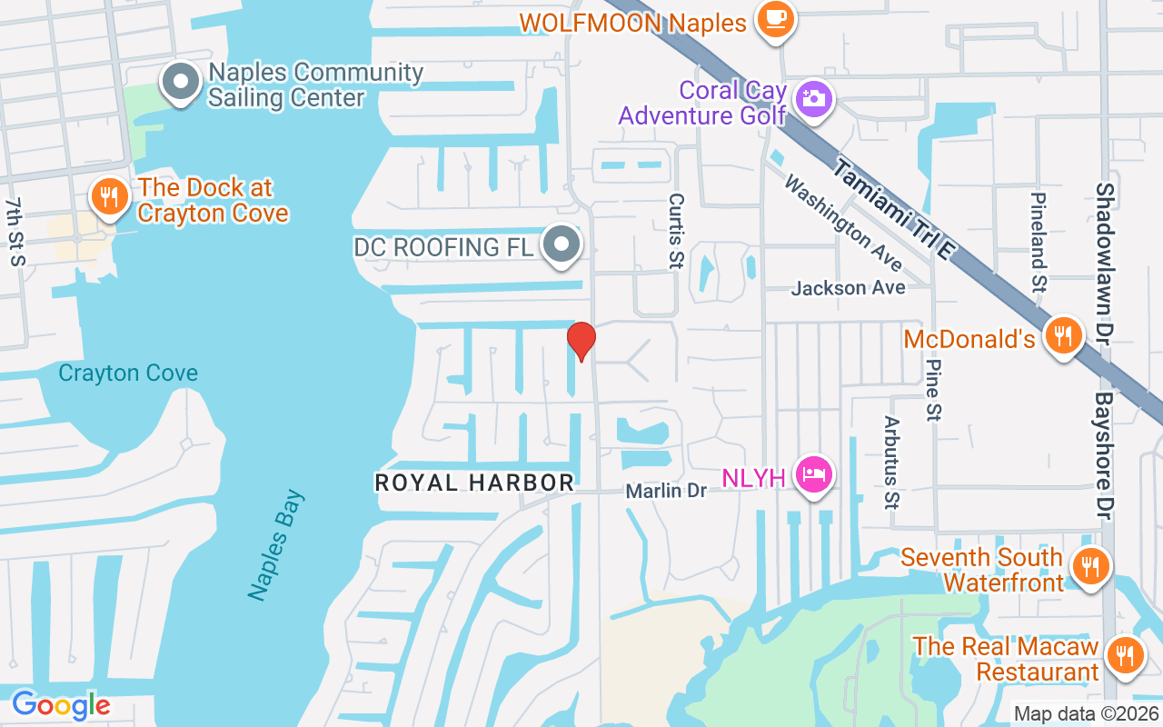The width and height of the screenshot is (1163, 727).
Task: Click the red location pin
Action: (x=581, y=341)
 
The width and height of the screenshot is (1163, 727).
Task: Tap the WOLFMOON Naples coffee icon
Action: (x=775, y=19)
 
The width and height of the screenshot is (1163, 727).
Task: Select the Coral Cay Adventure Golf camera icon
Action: (x=813, y=98)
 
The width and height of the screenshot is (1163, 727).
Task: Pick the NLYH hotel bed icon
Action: (x=813, y=474)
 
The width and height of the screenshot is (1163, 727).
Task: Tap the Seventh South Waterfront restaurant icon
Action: (x=1088, y=568)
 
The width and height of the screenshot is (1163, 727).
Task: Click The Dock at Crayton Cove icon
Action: (x=109, y=196)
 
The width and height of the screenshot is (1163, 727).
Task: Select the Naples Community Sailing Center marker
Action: (x=181, y=82)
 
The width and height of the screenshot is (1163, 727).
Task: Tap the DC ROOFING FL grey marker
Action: (x=562, y=245)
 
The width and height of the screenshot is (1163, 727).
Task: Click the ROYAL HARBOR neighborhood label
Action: (x=474, y=483)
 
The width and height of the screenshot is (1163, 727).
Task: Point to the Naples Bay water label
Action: (x=277, y=545)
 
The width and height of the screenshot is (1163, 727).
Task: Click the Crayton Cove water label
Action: (x=128, y=373)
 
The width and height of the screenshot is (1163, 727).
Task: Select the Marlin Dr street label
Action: (x=666, y=491)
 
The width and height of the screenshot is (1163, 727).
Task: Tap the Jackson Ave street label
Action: (x=848, y=288)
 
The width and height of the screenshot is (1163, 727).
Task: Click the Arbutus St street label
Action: (x=890, y=463)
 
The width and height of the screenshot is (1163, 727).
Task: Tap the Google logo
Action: (x=61, y=705)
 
